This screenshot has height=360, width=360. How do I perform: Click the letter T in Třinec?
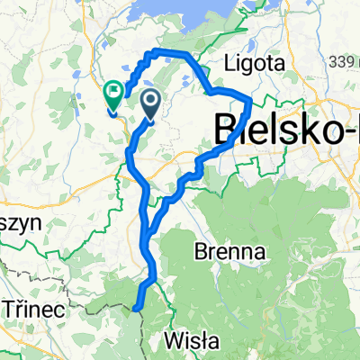tap(9, 309)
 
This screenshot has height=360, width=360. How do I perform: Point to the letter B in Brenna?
tap(201, 251)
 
